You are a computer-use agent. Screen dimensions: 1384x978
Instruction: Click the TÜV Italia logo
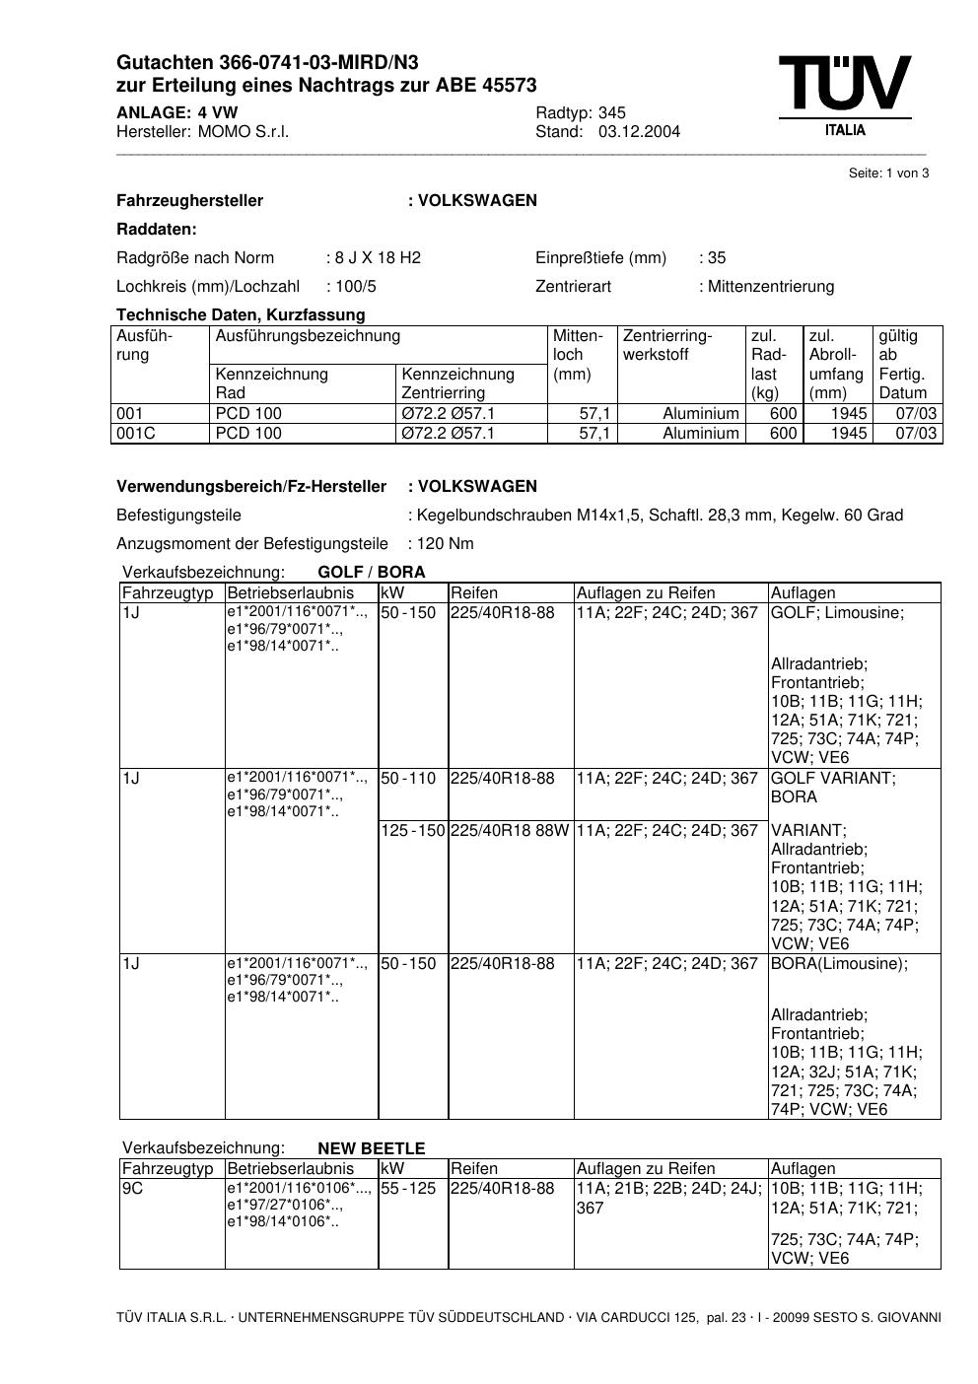click(x=845, y=95)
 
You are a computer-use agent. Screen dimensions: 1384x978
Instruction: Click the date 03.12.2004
click(x=639, y=132)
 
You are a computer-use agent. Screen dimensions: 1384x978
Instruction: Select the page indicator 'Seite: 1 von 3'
click(x=888, y=173)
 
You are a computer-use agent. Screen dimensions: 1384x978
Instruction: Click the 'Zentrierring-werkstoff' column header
click(x=666, y=345)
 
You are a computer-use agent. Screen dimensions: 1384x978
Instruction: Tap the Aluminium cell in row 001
click(x=700, y=414)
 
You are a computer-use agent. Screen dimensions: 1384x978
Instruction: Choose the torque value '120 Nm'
click(x=446, y=544)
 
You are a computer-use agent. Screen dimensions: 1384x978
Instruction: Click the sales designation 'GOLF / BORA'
click(x=372, y=573)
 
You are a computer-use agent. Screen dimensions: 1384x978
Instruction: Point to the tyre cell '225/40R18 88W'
click(x=510, y=831)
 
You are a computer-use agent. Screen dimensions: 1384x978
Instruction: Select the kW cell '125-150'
click(x=413, y=831)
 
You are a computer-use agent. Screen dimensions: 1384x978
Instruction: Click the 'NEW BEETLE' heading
click(x=371, y=1148)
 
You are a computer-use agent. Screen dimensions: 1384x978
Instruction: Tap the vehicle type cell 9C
click(x=133, y=1189)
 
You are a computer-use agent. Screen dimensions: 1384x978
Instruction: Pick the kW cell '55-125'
click(x=408, y=1189)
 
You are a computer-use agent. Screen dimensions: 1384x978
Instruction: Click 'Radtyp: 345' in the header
click(x=581, y=113)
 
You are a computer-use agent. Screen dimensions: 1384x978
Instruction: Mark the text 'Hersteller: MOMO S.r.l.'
click(x=203, y=132)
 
